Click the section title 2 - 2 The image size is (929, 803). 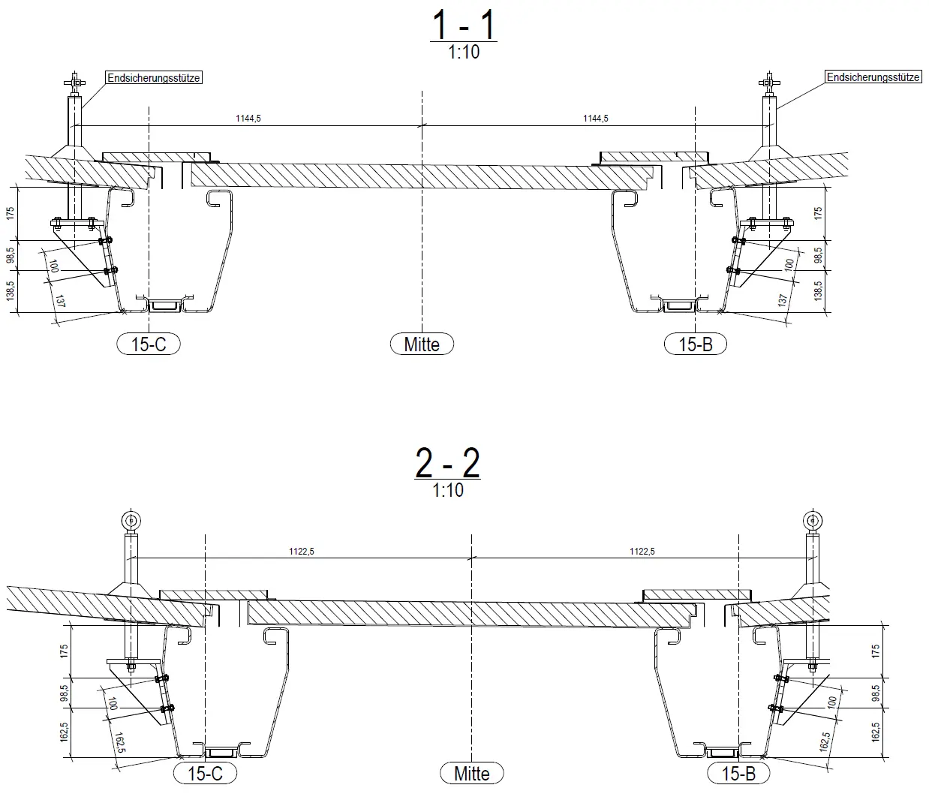tap(447, 463)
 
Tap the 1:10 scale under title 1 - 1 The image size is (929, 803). tap(464, 52)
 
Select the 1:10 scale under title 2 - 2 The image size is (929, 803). tap(448, 490)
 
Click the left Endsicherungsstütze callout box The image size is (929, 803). tap(154, 78)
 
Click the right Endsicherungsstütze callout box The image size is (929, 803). tap(873, 77)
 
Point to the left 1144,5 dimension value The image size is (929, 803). tap(248, 119)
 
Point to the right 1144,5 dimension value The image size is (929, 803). tap(596, 119)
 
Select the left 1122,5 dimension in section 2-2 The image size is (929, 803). tap(301, 552)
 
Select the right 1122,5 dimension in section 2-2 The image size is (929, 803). tap(642, 552)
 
